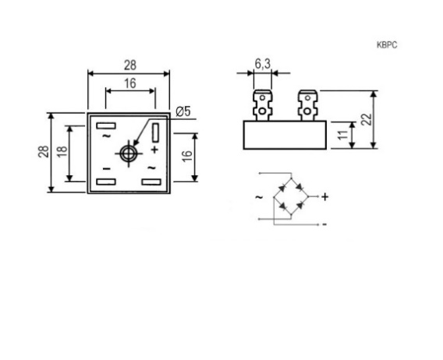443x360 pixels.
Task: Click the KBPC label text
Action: pos(387,45)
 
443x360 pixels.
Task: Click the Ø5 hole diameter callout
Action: pos(183,111)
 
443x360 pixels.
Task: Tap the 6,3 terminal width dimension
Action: pos(263,64)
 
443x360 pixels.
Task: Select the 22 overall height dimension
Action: pos(367,119)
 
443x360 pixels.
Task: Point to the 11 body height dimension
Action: pos(343,135)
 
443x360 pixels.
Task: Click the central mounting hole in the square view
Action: pos(129,154)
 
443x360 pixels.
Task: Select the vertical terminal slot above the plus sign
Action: pos(155,132)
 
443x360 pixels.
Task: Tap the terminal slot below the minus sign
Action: pos(106,182)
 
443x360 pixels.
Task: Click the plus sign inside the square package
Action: pos(154,150)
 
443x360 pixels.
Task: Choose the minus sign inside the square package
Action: pos(106,169)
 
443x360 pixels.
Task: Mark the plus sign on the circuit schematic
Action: pos(325,197)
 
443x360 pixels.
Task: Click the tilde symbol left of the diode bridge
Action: pos(259,197)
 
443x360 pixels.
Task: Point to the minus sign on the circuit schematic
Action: pos(324,224)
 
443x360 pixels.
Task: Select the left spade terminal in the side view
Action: pos(263,105)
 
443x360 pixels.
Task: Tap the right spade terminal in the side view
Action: pos(307,105)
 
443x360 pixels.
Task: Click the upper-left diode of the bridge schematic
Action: pos(282,188)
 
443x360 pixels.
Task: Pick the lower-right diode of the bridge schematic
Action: pos(300,205)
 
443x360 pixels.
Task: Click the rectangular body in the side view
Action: pos(285,135)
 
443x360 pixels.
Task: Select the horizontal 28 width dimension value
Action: pos(130,65)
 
